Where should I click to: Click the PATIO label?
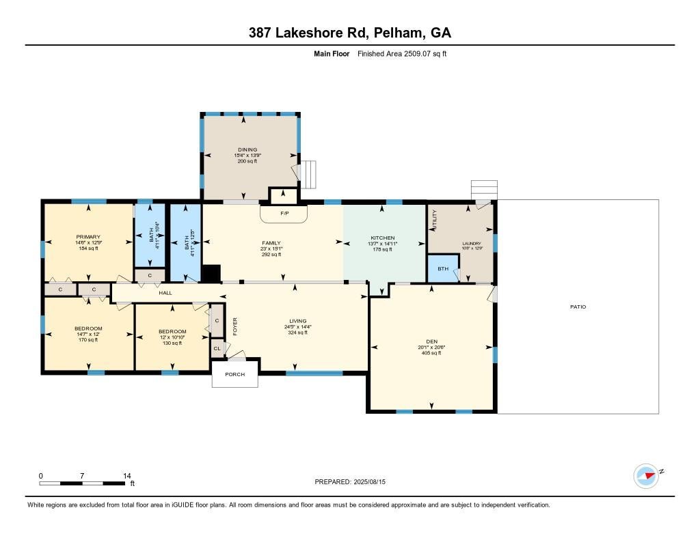pos(578,307)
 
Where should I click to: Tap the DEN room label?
pos(431,341)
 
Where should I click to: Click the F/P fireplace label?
pos(284,213)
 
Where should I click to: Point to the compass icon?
pos(646,475)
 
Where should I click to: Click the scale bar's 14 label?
pos(126,475)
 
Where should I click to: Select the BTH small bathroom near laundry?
pos(443,269)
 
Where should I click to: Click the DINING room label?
pos(247,150)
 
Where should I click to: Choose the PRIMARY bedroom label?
pos(88,237)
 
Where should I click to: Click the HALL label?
pos(165,293)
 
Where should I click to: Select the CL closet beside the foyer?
pos(217,348)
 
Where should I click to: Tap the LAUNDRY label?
pos(472,244)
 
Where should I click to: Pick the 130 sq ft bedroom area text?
pos(172,343)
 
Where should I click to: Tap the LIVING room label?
pos(297,321)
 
